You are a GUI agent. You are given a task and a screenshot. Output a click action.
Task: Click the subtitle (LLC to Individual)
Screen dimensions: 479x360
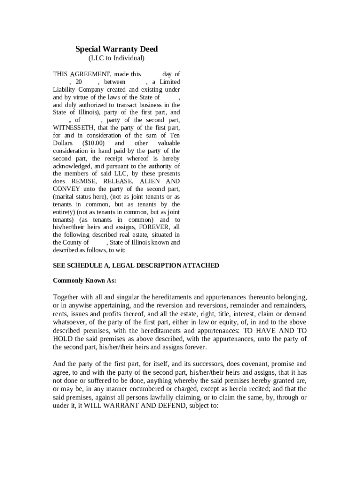coord(116,58)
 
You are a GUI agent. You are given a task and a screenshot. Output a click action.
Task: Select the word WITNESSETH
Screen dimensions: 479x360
coord(72,128)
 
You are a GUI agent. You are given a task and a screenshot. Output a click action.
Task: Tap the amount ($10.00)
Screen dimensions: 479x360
coord(94,143)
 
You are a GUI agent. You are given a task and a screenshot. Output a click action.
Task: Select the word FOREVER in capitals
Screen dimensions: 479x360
coord(154,227)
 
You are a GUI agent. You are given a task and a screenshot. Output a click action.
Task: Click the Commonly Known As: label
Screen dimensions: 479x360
coord(84,281)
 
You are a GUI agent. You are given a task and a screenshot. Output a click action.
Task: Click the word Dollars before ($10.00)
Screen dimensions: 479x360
coord(63,143)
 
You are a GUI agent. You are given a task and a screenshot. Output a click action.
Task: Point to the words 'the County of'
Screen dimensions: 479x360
coord(71,242)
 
